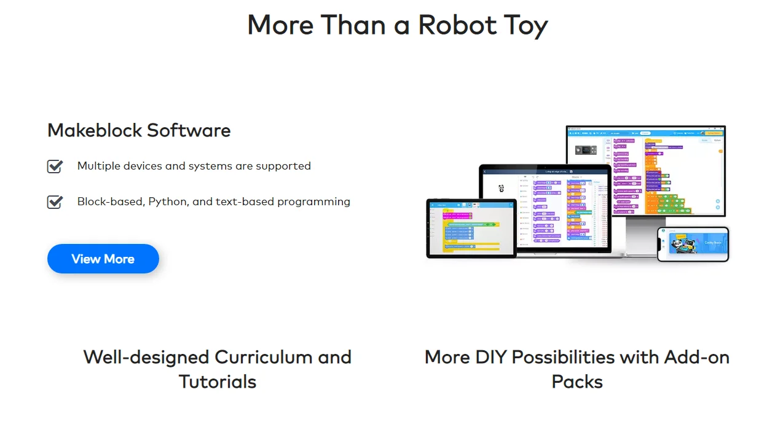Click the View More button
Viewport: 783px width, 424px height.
[103, 259]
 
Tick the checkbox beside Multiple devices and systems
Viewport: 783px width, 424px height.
[55, 167]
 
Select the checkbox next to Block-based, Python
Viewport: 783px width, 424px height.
[55, 202]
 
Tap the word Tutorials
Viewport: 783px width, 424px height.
[218, 382]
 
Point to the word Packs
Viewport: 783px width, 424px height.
[577, 382]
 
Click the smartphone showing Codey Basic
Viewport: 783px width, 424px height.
[693, 244]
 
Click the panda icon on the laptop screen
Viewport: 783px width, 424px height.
[502, 189]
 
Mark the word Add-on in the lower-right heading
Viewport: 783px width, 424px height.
[701, 357]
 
